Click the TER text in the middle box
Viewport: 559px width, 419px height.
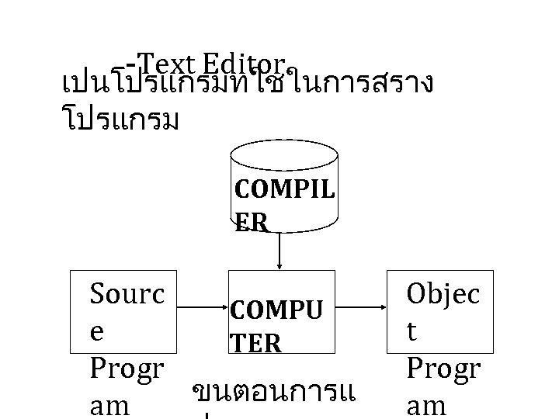click(255, 343)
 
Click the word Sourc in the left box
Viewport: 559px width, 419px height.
click(128, 295)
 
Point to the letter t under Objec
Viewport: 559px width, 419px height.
click(413, 331)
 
